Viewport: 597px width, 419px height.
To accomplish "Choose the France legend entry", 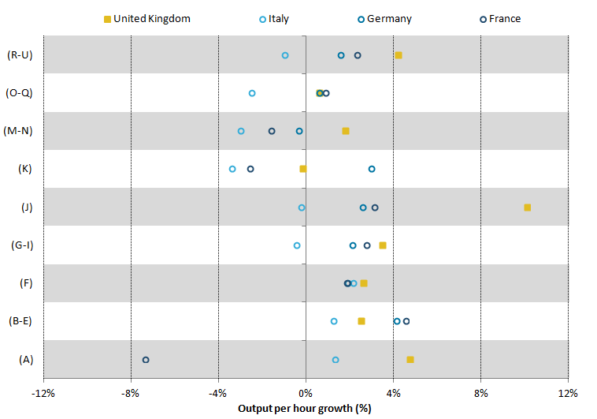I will point(499,18).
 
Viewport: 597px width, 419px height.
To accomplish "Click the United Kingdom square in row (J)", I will point(527,208).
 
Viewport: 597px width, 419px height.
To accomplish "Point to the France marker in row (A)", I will point(146,360).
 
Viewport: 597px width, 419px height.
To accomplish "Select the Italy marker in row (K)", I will point(232,169).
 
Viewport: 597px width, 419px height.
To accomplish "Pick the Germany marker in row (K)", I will point(372,169).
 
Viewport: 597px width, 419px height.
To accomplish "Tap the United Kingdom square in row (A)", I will point(410,360).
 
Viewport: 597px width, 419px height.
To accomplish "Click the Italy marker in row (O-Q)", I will point(252,93).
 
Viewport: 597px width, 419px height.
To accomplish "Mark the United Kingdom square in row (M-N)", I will point(346,131).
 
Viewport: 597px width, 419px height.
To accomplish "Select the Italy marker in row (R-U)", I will point(285,55).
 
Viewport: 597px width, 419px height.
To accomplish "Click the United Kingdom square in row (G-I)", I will point(383,245).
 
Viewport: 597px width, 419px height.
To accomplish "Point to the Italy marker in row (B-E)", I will point(334,321).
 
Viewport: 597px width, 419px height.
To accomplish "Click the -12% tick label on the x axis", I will point(43,393).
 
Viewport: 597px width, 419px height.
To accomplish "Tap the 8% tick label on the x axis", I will point(480,393).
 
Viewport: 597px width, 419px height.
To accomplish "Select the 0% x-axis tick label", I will point(306,393).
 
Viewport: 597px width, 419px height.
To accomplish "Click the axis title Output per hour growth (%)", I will point(304,408).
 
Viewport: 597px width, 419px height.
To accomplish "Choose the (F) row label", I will point(25,283).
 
